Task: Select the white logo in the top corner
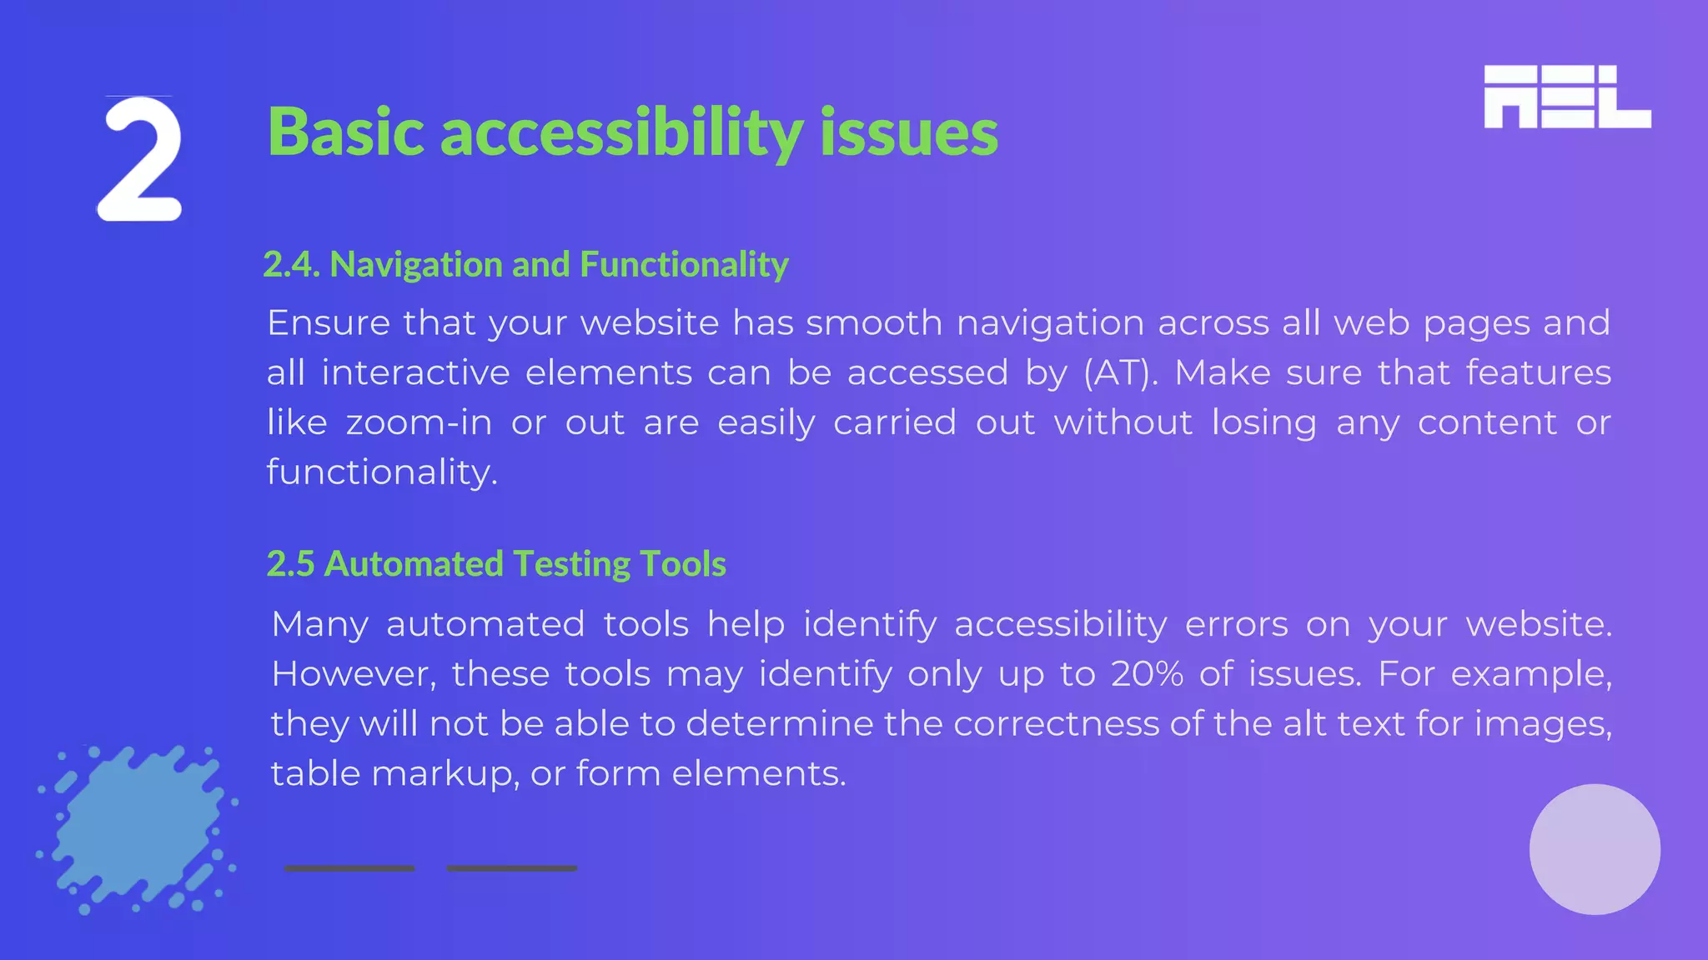[x=1567, y=97]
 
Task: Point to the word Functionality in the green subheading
[x=684, y=265]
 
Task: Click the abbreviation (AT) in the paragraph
[x=1120, y=373]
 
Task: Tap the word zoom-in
[x=419, y=423]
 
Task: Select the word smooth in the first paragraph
[x=874, y=323]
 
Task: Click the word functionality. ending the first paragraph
[x=382, y=472]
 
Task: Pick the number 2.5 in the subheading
[x=290, y=564]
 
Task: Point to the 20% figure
[x=1147, y=674]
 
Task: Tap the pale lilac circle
[x=1595, y=849]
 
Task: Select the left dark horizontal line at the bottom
[x=349, y=868]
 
